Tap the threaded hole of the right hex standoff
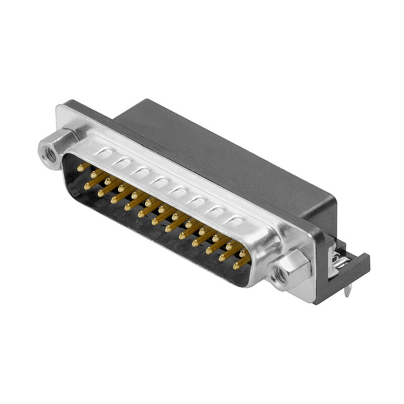point(278,277)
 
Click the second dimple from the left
point(122,162)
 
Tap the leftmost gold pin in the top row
point(80,168)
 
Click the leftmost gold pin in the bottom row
point(87,187)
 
